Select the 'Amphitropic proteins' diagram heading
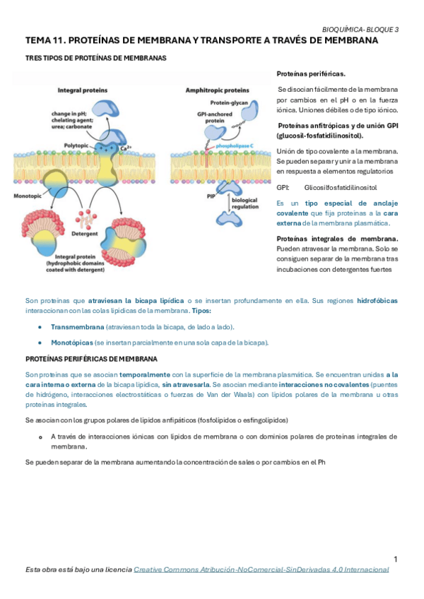pyautogui.click(x=217, y=90)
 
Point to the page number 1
pyautogui.click(x=396, y=559)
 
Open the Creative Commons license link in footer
pyautogui.click(x=261, y=569)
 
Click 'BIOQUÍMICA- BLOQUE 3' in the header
pyautogui.click(x=360, y=30)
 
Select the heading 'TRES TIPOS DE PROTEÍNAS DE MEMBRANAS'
pyautogui.click(x=96, y=58)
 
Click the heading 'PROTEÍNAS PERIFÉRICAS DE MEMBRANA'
pyautogui.click(x=91, y=359)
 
